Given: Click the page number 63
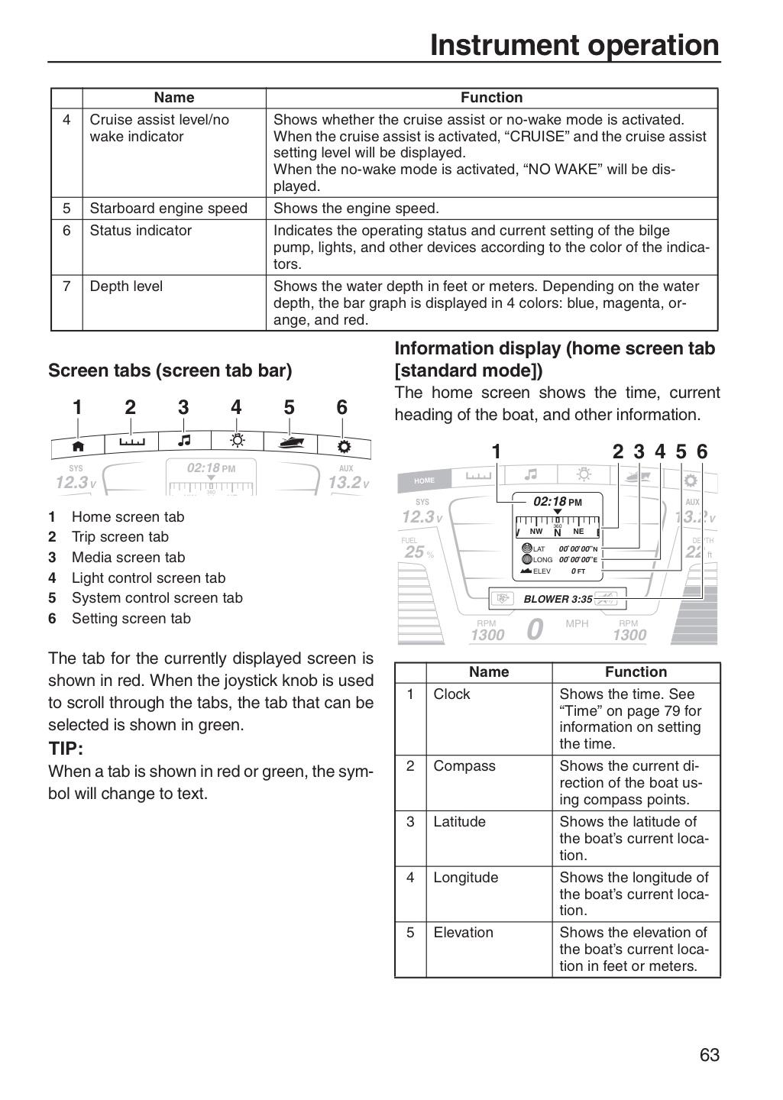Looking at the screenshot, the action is (x=710, y=1054).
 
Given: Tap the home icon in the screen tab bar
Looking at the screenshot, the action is (x=78, y=446).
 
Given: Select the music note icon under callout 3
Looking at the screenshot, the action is (x=184, y=440).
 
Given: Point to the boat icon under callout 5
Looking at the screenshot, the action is (x=291, y=442).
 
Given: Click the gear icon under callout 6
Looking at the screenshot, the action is (x=344, y=446).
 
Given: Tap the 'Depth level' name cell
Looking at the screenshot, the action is (x=126, y=286).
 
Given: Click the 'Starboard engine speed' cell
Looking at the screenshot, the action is (x=169, y=209).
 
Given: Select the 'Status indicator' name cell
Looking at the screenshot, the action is (x=141, y=231).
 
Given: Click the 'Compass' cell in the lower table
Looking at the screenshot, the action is (x=464, y=765).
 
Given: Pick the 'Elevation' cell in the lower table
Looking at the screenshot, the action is (x=463, y=932).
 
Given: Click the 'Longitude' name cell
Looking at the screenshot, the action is (x=466, y=877).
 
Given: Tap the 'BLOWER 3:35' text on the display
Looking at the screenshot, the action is (x=558, y=599).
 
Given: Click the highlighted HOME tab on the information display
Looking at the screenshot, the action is (x=424, y=480).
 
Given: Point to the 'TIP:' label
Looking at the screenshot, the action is (x=66, y=749).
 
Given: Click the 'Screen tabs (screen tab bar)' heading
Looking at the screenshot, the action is (x=170, y=370).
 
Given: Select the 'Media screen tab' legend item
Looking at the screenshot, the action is (x=128, y=558).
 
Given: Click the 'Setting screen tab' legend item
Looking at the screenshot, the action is (x=131, y=618).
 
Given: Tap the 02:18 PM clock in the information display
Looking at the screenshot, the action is (x=558, y=501).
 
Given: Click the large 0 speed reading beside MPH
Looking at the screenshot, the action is (x=535, y=629).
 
